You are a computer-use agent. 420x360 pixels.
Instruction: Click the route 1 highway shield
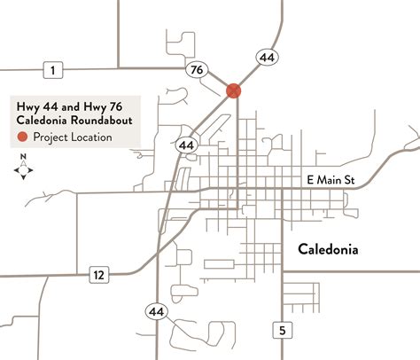tap(54, 69)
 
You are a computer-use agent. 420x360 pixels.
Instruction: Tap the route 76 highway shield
tap(196, 68)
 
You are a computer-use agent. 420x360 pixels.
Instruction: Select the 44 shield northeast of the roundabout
tap(267, 58)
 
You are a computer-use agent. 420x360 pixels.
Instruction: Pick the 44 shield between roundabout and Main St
tap(186, 144)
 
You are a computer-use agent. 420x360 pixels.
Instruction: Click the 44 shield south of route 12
tap(156, 310)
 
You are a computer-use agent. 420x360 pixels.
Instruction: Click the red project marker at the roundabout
tap(234, 90)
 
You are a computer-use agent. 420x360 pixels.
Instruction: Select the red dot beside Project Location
tap(22, 137)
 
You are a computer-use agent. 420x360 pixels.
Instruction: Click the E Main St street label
tap(330, 180)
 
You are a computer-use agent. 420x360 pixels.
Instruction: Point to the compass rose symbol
tap(25, 169)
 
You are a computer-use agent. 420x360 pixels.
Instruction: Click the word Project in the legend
tap(53, 137)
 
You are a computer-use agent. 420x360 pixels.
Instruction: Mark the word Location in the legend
tap(93, 137)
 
